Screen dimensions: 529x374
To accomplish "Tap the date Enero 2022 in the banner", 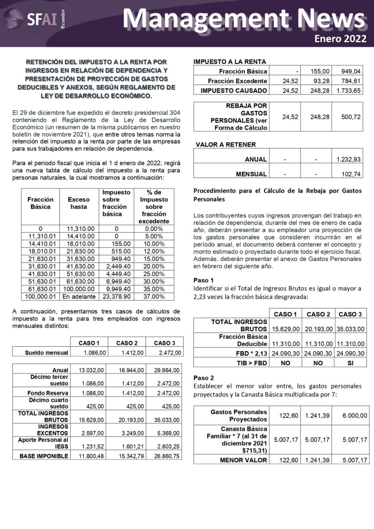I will (x=340, y=39).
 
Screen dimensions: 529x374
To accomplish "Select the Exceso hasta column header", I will (x=78, y=203).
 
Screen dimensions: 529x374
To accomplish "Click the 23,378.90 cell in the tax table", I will (x=116, y=296).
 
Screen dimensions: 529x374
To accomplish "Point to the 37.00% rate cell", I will (x=154, y=296).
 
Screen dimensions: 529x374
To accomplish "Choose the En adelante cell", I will (x=78, y=296).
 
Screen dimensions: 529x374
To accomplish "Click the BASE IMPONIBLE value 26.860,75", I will (x=168, y=456).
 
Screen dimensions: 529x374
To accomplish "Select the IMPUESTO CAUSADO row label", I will (x=234, y=91).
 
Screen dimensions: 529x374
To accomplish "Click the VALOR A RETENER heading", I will (x=225, y=145).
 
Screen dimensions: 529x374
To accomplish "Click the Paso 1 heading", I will (x=203, y=280).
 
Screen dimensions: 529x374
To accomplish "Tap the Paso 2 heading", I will (x=203, y=378).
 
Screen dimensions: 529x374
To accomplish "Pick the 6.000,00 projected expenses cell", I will (x=354, y=416).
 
